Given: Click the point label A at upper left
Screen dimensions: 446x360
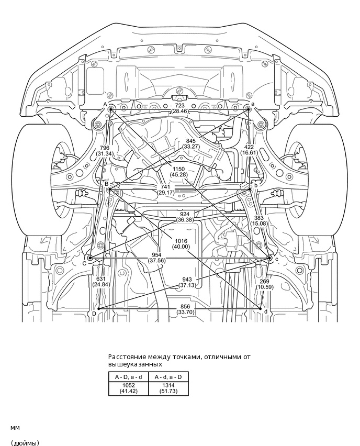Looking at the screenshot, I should [x=105, y=104].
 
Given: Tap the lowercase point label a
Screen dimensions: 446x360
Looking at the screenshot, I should [x=253, y=104].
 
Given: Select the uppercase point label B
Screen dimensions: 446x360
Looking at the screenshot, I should [x=106, y=184].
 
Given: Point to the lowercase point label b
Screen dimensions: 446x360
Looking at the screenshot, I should [x=256, y=184].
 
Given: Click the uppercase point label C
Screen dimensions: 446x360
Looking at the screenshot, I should [x=84, y=263].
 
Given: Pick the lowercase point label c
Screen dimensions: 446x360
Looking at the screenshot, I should [x=276, y=259].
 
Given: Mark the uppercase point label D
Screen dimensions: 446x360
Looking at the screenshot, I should [x=94, y=313].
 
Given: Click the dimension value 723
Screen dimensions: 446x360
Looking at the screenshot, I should [x=180, y=106].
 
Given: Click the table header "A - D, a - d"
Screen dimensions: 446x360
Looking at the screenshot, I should [x=128, y=377].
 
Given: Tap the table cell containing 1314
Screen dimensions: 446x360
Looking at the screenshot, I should [x=168, y=385].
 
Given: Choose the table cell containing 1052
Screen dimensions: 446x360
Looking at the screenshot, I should [x=128, y=385].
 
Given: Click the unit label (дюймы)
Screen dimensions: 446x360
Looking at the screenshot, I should [x=25, y=443].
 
